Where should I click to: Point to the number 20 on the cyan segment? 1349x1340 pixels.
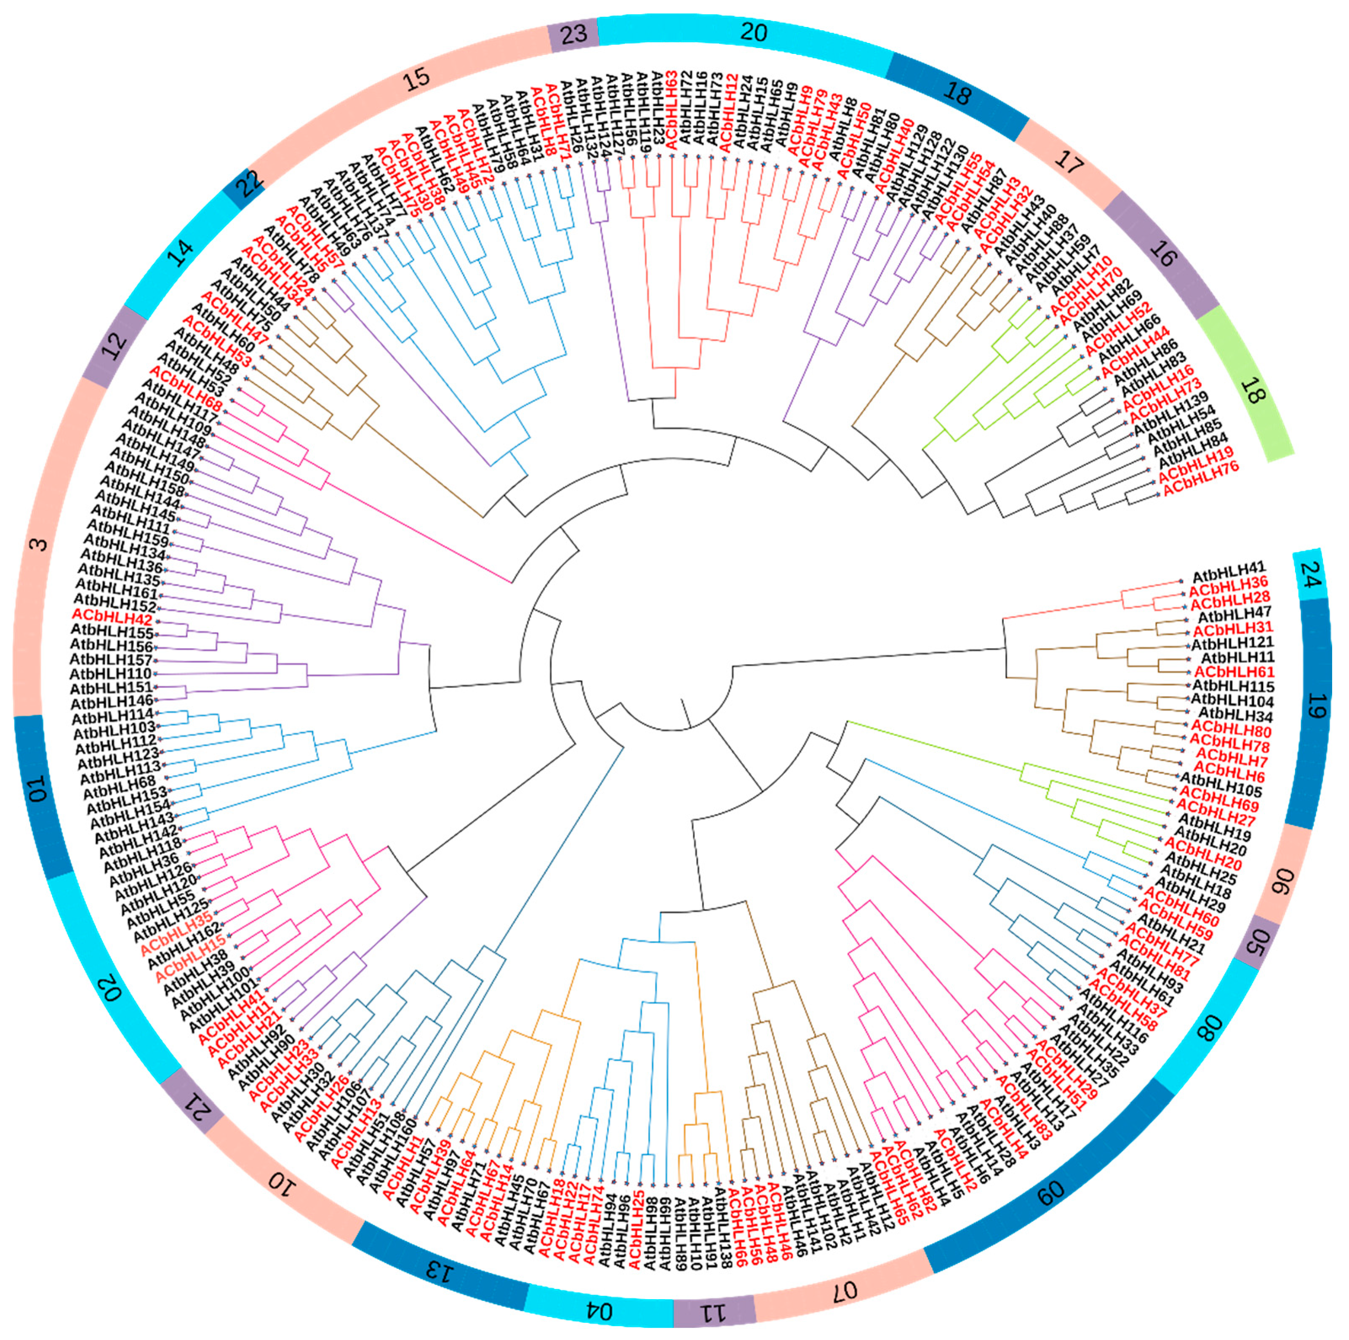click(753, 32)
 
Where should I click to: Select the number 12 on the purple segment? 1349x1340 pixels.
click(115, 342)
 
